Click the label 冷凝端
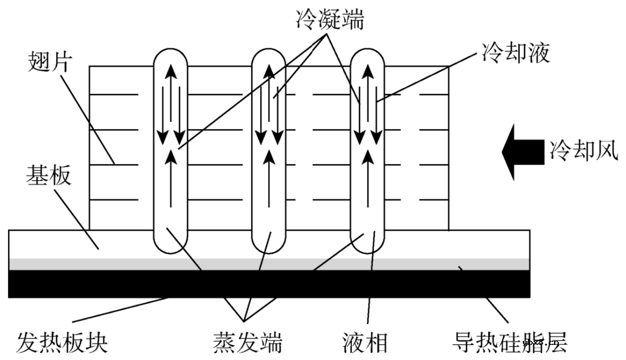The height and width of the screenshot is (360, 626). click(327, 19)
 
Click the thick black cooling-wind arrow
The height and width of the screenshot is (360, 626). click(522, 152)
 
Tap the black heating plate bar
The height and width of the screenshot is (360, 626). click(270, 283)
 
